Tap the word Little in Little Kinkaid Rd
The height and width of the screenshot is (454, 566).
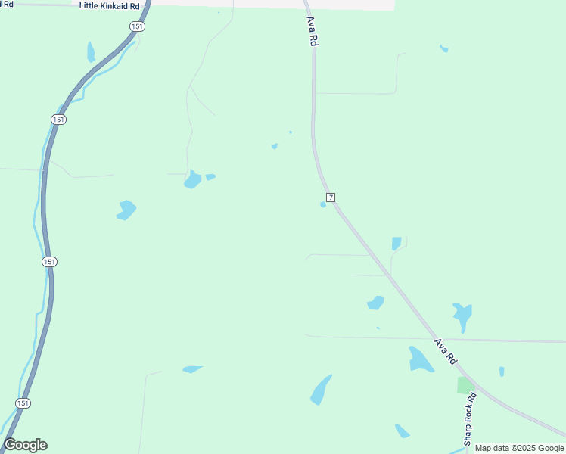[90, 5]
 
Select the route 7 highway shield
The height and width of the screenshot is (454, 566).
[331, 197]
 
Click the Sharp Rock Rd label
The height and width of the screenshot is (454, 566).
[469, 418]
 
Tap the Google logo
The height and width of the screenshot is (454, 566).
[25, 445]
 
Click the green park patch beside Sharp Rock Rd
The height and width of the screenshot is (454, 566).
[465, 385]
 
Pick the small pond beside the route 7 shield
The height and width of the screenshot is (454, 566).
[323, 204]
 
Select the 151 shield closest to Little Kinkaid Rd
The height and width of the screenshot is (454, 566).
[135, 26]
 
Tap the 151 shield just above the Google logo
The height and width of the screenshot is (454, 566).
[23, 403]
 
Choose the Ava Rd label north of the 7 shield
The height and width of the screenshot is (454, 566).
[311, 32]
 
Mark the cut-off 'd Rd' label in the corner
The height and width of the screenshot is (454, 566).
[7, 4]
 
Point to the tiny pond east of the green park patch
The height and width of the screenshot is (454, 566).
[502, 372]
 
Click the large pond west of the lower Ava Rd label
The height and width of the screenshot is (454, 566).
[419, 359]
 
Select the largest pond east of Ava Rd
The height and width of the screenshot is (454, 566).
[462, 315]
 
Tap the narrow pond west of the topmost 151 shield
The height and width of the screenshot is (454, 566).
[91, 52]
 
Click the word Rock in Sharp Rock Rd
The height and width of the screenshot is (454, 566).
[469, 416]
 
